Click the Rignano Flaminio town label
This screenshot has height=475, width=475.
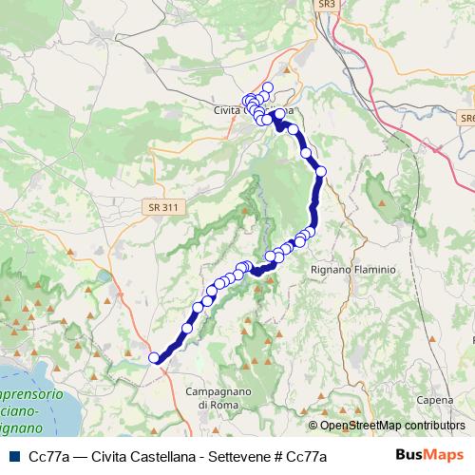coord(352,269)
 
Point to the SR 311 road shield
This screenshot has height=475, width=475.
coord(163,205)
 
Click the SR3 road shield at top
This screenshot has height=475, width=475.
coord(327,5)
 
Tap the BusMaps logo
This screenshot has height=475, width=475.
coord(428,455)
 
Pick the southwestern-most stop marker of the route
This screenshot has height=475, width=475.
coord(155,358)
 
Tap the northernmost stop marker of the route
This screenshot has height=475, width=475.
coord(268,88)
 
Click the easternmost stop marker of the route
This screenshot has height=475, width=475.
coord(320,171)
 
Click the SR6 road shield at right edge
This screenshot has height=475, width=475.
coord(465,117)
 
